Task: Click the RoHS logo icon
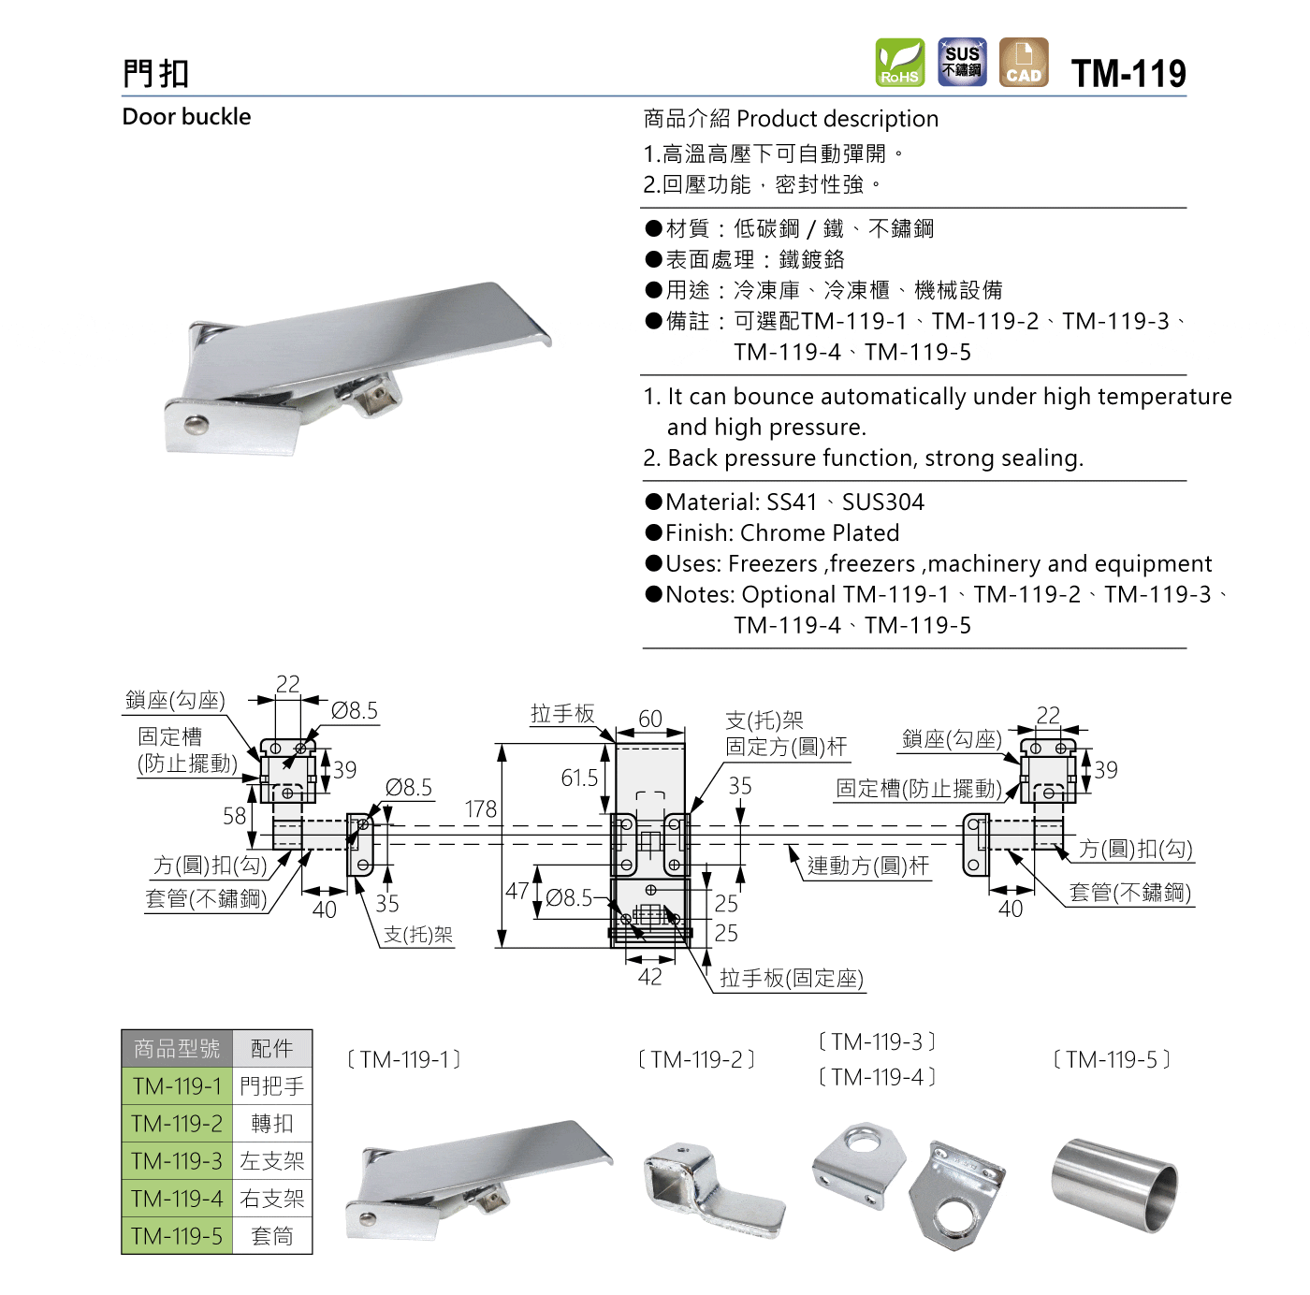click(899, 63)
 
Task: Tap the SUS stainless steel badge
click(962, 63)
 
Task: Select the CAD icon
click(1024, 63)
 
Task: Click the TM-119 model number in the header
click(1128, 73)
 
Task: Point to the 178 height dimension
click(481, 809)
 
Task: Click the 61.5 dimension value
click(579, 778)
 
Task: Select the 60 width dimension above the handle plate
click(650, 719)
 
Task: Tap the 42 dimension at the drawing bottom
click(650, 977)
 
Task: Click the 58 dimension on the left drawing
click(235, 816)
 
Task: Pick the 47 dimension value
click(517, 892)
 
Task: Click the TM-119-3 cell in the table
click(177, 1161)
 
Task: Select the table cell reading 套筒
click(272, 1236)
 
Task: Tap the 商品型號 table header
click(177, 1049)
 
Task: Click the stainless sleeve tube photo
click(1113, 1186)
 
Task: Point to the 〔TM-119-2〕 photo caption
click(696, 1060)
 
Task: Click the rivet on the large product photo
click(196, 425)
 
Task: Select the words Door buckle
click(187, 117)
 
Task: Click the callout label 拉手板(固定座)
click(791, 979)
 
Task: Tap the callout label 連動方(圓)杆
click(868, 866)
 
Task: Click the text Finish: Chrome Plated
click(782, 533)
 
